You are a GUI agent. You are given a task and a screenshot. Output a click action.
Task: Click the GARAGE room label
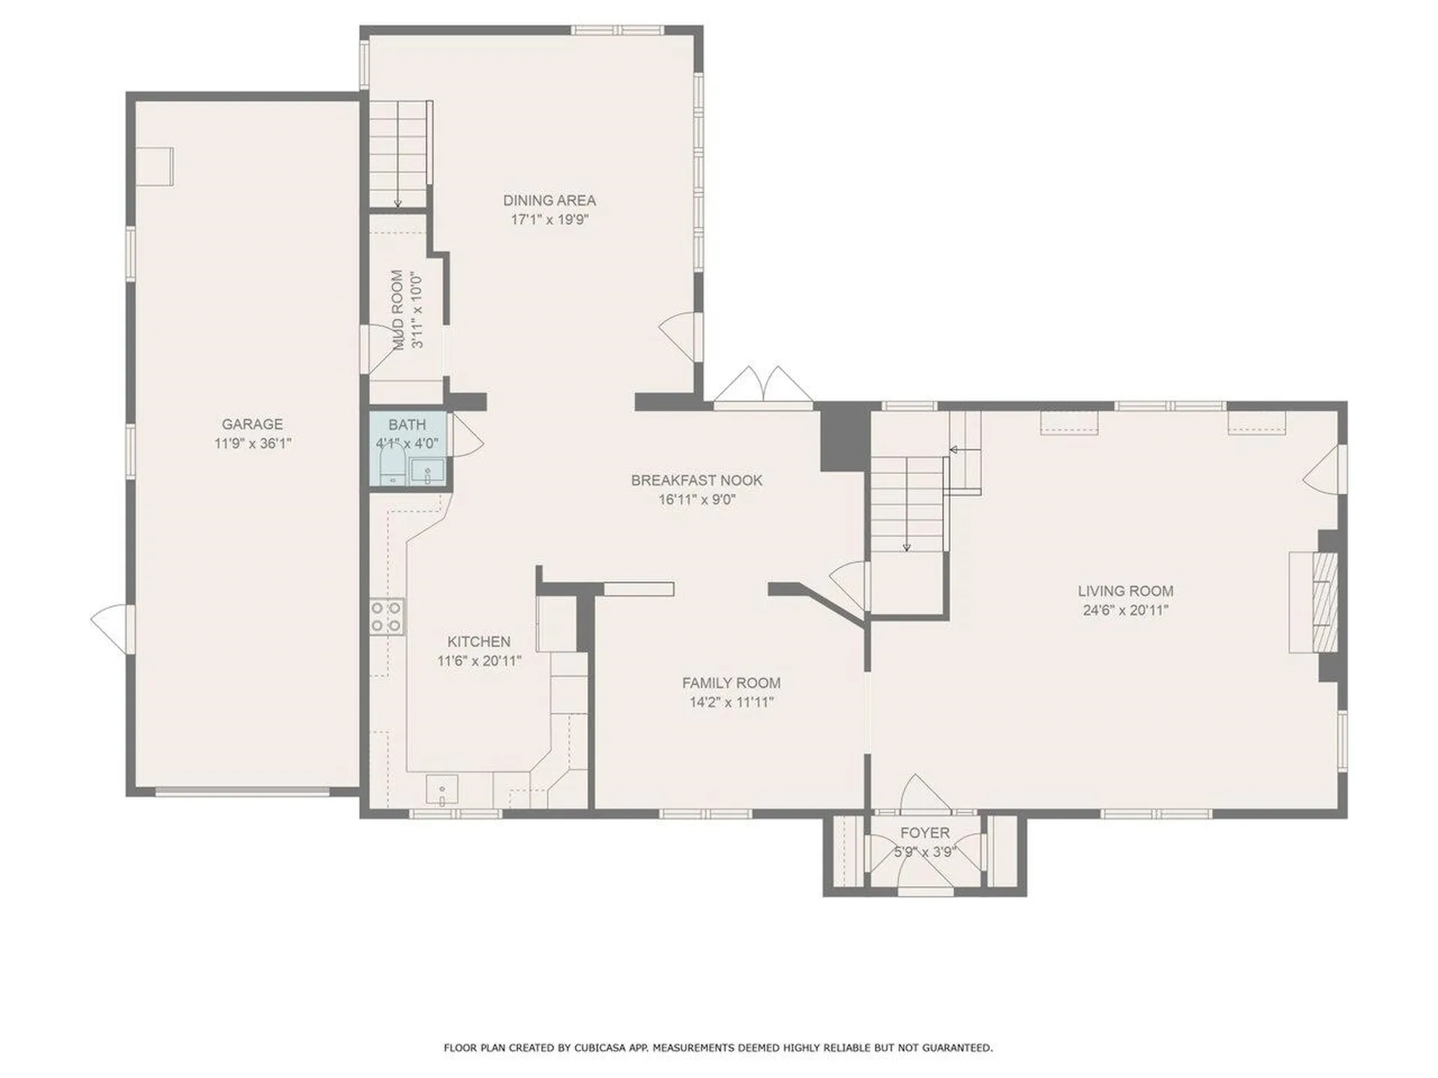click(x=252, y=424)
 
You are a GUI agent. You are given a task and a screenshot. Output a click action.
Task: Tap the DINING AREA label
click(x=549, y=200)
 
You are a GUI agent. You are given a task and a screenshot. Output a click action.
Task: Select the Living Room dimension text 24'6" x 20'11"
click(x=1126, y=610)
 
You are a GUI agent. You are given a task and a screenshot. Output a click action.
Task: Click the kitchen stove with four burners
click(x=386, y=617)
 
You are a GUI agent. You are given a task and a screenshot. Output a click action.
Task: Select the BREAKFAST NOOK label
click(x=697, y=480)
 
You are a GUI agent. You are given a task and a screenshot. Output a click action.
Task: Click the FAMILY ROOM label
click(x=731, y=683)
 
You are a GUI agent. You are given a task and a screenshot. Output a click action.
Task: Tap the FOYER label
click(x=925, y=832)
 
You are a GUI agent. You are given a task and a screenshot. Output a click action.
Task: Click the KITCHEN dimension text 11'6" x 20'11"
click(x=479, y=661)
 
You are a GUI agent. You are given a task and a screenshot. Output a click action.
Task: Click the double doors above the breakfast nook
click(x=762, y=386)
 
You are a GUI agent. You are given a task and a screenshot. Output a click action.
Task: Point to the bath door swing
click(x=466, y=436)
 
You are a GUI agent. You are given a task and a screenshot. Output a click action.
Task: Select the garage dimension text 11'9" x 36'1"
click(x=252, y=443)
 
